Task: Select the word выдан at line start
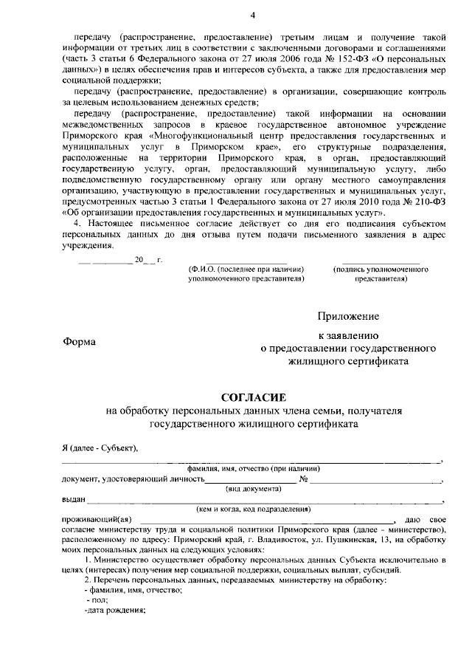pyautogui.click(x=73, y=499)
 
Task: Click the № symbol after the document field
pyautogui.click(x=303, y=479)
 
